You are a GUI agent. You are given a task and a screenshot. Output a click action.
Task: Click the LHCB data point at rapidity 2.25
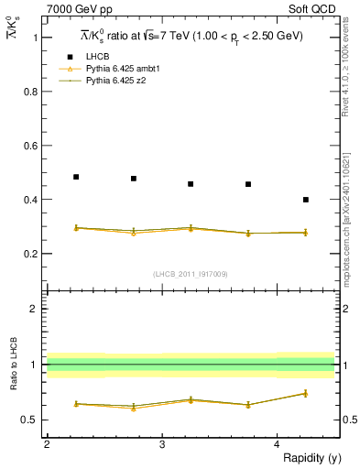tap(76, 177)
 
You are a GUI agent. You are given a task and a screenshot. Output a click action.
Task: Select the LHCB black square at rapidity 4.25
tap(305, 199)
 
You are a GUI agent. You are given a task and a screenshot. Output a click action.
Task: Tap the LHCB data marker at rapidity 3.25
tap(191, 184)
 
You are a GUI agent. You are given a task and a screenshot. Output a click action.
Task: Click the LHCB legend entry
tap(96, 56)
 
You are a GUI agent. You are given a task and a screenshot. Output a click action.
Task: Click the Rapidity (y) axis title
tap(308, 458)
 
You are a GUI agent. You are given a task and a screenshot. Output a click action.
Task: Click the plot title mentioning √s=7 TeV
tap(191, 36)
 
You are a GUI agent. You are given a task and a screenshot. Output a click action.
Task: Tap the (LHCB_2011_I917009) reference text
tap(191, 273)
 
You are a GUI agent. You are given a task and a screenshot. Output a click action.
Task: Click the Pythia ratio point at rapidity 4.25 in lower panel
tap(305, 393)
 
